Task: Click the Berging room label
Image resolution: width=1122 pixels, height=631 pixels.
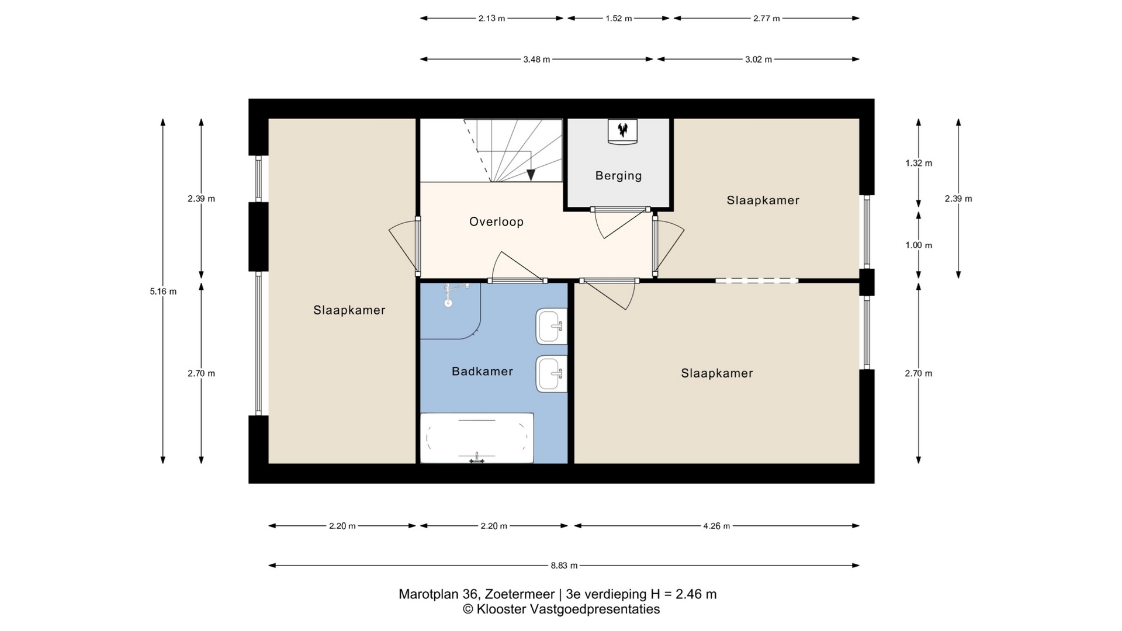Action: point(618,175)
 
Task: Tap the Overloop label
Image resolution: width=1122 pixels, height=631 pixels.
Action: point(496,221)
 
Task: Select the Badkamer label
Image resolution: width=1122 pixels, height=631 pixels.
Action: point(482,371)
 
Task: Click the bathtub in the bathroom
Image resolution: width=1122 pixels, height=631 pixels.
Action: point(477,438)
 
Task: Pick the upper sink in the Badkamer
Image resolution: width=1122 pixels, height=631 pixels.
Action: point(552,326)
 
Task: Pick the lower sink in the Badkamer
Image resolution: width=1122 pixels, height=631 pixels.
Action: point(552,374)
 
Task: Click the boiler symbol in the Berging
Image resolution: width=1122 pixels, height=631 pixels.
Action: point(622,131)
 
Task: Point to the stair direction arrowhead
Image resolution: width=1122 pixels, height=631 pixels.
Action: point(531,175)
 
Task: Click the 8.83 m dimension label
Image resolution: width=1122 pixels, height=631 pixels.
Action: point(564,566)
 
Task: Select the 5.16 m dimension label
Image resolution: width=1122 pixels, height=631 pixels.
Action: point(163,292)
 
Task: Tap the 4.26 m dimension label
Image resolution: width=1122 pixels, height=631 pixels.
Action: point(716,526)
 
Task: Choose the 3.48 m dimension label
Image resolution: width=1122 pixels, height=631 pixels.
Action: point(536,59)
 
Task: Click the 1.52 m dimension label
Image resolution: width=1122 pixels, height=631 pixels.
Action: point(618,18)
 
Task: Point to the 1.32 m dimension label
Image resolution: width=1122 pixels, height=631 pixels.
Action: point(919,163)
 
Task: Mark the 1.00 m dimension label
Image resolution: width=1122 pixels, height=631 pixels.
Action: point(919,245)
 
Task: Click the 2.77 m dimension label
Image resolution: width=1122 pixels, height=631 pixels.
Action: point(767,18)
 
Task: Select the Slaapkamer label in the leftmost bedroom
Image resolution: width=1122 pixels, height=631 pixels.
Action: point(349,310)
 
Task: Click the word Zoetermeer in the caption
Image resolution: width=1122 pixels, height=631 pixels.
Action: point(518,594)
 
